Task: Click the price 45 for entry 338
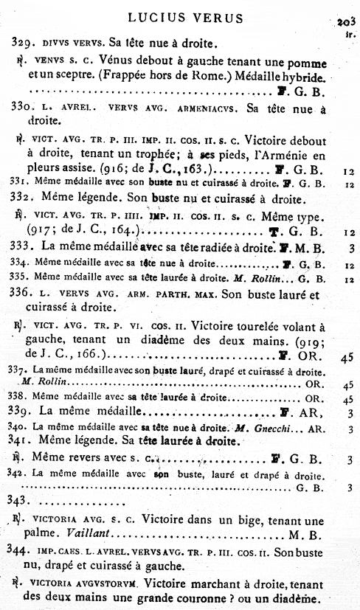(x=349, y=399)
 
